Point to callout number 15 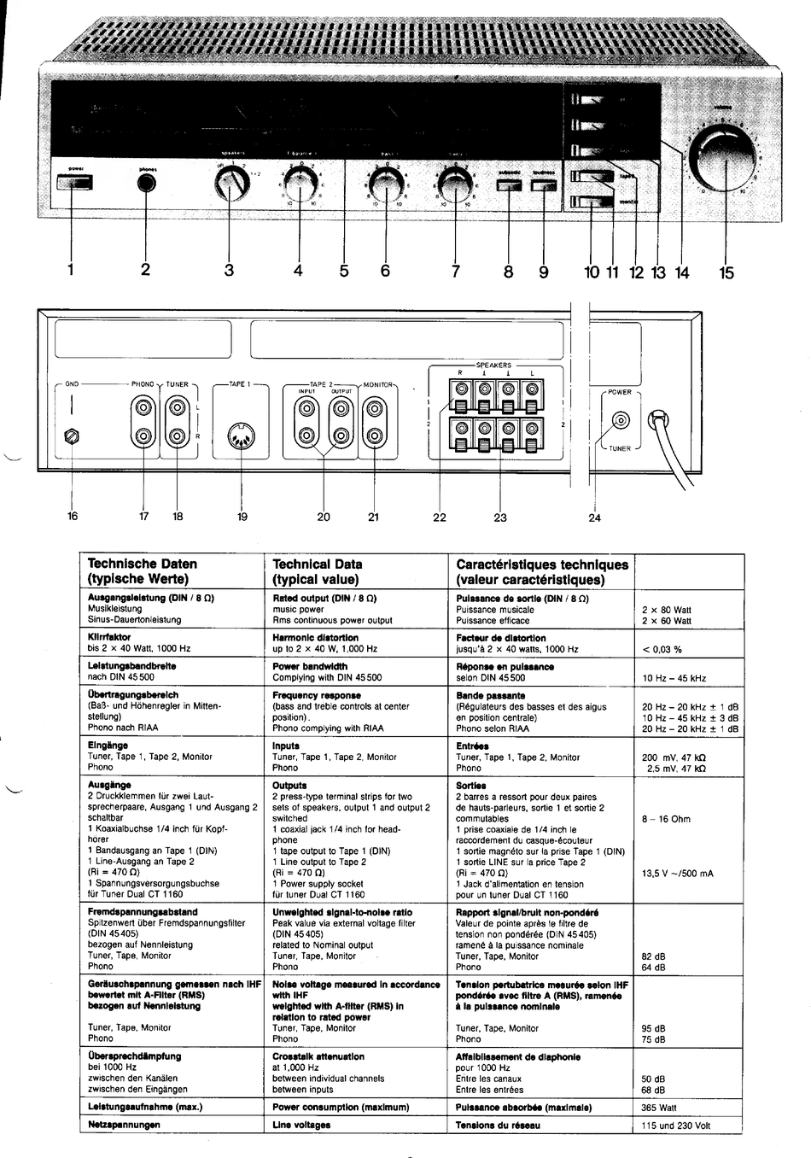pos(726,272)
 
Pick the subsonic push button pos(508,185)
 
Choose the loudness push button pos(544,185)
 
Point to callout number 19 pos(242,517)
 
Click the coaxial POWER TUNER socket pos(619,420)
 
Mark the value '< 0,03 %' pos(662,649)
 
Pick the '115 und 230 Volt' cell pos(675,1126)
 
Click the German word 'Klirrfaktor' pos(108,637)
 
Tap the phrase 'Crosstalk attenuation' pos(318,1056)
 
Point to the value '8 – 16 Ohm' pos(666,819)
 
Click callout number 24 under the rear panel pos(595,518)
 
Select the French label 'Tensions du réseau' pos(498,1125)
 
